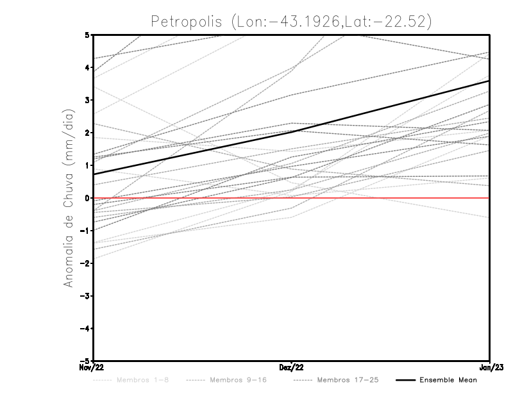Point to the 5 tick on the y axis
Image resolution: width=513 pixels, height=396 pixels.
pyautogui.click(x=87, y=35)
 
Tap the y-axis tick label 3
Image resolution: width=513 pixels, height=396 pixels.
pyautogui.click(x=87, y=100)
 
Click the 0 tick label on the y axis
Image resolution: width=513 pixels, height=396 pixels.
pyautogui.click(x=87, y=198)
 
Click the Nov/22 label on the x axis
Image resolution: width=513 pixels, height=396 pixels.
pyautogui.click(x=92, y=367)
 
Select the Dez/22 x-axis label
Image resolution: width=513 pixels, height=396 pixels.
pyautogui.click(x=292, y=367)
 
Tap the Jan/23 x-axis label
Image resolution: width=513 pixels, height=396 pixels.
pyautogui.click(x=491, y=367)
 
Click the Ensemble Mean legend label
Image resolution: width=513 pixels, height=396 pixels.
pyautogui.click(x=448, y=380)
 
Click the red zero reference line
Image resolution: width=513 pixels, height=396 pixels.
pyautogui.click(x=385, y=198)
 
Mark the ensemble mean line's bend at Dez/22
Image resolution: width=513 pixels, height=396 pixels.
pyautogui.click(x=292, y=131)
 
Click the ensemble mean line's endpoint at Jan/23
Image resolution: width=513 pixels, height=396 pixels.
pyautogui.click(x=490, y=81)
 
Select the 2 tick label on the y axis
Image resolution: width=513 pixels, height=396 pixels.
pyautogui.click(x=87, y=133)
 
